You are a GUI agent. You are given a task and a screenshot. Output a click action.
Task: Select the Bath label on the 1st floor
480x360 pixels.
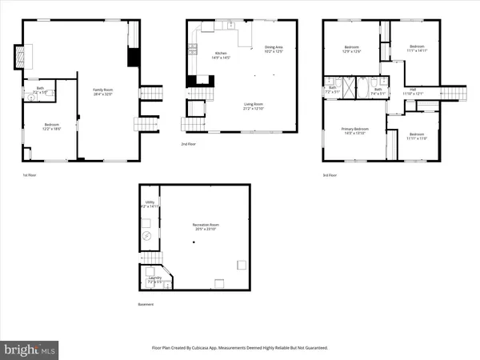[40, 90]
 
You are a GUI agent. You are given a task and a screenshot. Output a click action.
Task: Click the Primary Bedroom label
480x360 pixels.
[355, 130]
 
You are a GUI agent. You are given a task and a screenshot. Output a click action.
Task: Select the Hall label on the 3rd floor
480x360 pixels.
[413, 91]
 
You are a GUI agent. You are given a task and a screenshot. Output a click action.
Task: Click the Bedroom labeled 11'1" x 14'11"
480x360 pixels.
[418, 49]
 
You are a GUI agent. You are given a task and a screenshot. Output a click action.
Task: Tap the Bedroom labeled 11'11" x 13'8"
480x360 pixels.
[418, 136]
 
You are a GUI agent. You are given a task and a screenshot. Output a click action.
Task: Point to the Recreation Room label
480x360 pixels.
[206, 226]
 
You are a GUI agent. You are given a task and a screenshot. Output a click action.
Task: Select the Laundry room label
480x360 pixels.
[154, 280]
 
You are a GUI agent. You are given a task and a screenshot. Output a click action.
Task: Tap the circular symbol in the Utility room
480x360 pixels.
[146, 237]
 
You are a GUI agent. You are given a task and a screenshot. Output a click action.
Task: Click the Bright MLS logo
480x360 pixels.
[30, 349]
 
